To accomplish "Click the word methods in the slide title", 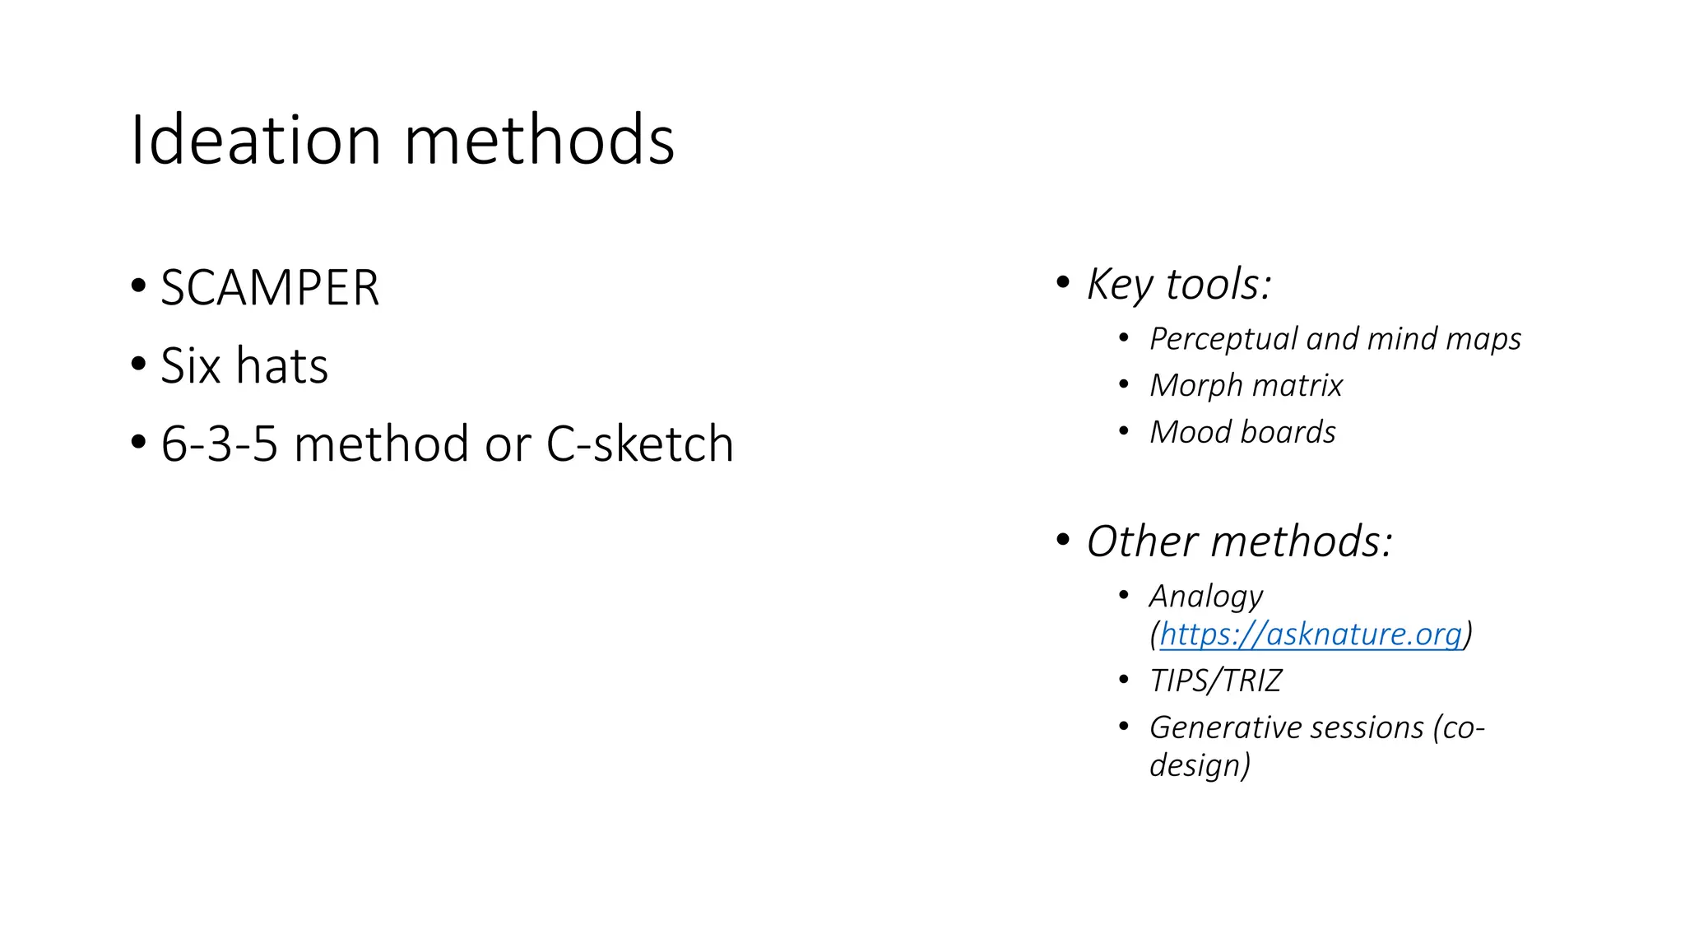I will click(540, 140).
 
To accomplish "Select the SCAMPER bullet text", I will click(270, 288).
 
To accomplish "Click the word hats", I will click(281, 365).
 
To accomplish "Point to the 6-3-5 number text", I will click(219, 444).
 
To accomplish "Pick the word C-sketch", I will click(639, 444).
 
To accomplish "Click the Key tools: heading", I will click(1179, 284).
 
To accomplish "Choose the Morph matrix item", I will click(1246, 385).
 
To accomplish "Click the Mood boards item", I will click(1242, 432).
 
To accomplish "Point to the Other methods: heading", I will click(1239, 541).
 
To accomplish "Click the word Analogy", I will click(1206, 597).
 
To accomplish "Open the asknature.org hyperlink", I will click(1311, 634).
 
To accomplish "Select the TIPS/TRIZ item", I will click(1216, 681).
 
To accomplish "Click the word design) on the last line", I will click(1200, 765).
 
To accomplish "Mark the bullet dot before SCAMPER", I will click(138, 287).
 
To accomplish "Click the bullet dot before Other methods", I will click(1063, 541).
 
